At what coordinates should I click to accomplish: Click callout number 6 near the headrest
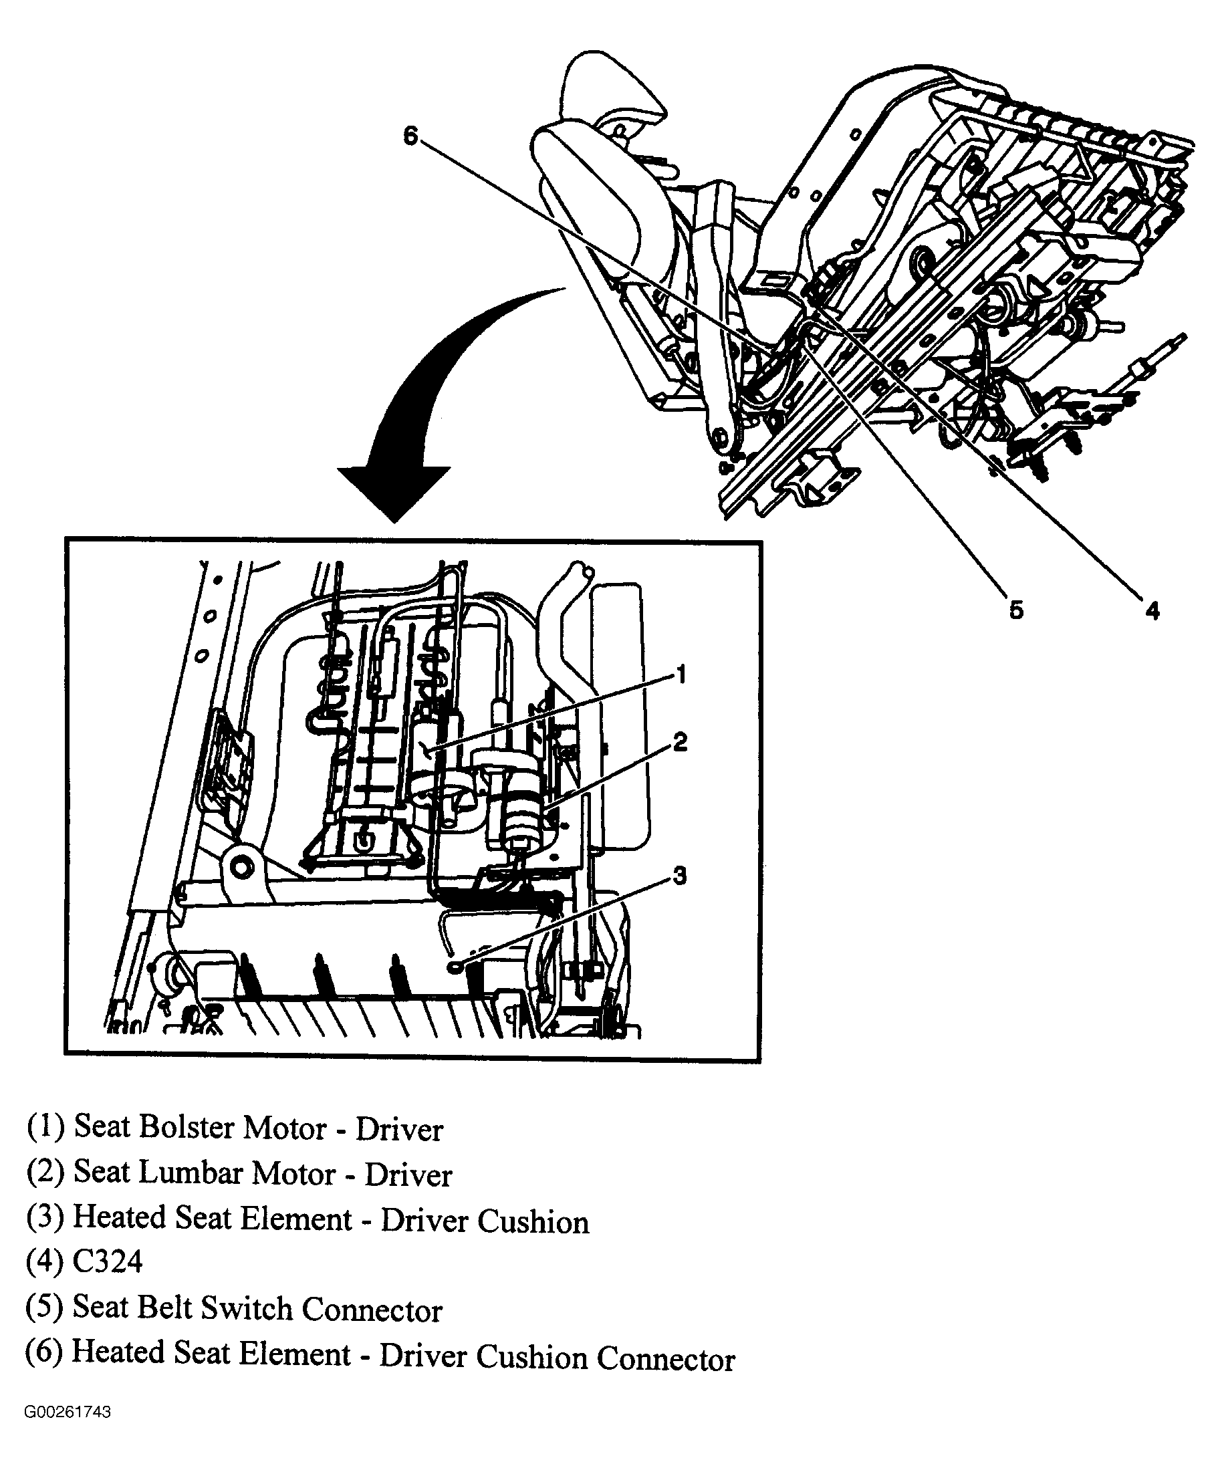[410, 136]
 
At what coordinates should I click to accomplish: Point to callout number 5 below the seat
[1016, 610]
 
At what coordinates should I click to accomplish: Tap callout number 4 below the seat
[1152, 612]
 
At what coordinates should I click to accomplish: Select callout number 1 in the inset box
[681, 675]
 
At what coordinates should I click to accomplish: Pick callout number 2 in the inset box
[680, 742]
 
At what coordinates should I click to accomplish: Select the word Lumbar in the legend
[193, 1173]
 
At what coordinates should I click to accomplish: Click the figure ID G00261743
[68, 1412]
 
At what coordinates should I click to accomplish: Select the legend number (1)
[46, 1127]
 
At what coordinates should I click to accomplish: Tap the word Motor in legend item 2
[293, 1173]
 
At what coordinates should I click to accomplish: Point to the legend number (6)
[45, 1354]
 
